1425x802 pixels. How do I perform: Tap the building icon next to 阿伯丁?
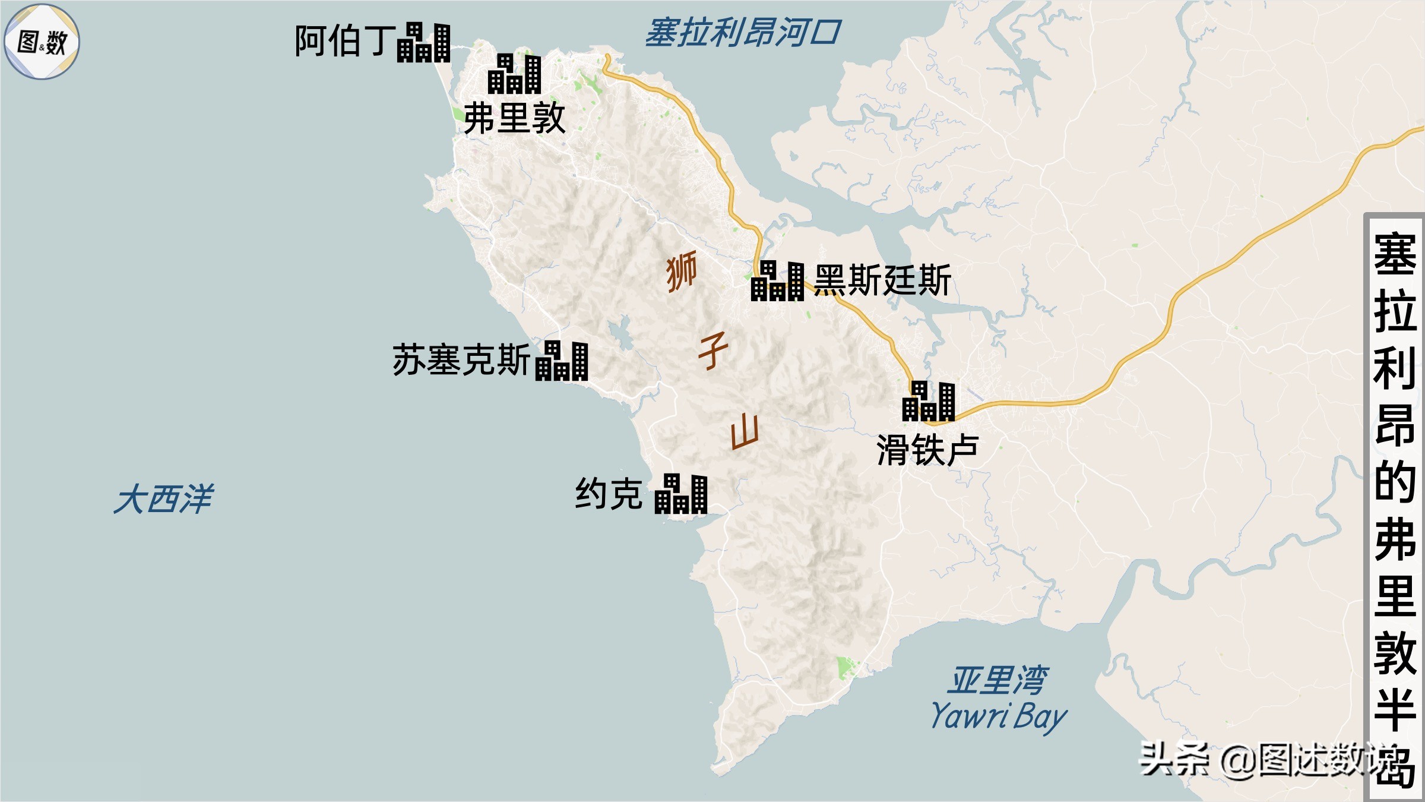pos(424,43)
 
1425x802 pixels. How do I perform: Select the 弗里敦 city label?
pos(514,118)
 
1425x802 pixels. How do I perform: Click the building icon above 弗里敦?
pos(515,74)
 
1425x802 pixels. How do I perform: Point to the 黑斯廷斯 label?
pos(882,280)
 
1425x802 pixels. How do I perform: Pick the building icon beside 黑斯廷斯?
pos(778,281)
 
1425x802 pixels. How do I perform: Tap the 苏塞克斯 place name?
pos(461,360)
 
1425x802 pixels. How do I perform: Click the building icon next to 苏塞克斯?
pos(562,361)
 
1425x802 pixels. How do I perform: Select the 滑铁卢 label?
pos(927,450)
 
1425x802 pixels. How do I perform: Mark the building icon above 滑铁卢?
pos(929,402)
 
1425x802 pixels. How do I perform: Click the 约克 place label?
pos(609,494)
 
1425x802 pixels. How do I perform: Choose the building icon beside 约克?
pos(681,494)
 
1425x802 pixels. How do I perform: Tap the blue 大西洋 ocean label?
pos(163,498)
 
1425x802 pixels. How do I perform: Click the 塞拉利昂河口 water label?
pos(742,33)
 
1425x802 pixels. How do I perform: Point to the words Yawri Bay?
pos(999,716)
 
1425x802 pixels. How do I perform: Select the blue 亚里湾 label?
pos(999,680)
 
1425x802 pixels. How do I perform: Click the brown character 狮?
pos(682,271)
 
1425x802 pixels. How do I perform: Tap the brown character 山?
pos(745,432)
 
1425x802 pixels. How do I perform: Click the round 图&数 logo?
pos(42,42)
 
